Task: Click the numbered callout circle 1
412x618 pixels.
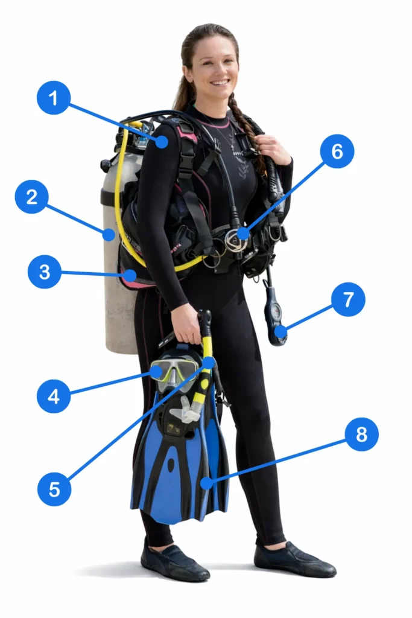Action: click(x=54, y=98)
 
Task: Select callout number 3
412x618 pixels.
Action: click(x=45, y=272)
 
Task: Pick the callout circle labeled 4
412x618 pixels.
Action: click(x=54, y=397)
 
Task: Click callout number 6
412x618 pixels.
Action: click(x=337, y=151)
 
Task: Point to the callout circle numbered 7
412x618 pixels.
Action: click(x=348, y=299)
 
